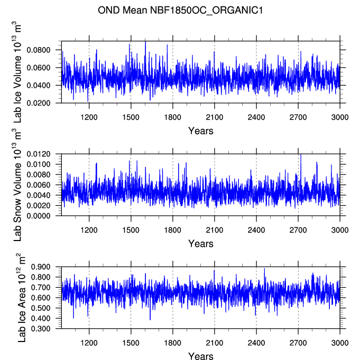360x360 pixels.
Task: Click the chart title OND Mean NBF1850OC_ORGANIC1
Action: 179,10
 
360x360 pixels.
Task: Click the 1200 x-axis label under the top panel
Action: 89,117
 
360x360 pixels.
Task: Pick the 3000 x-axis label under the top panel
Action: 339,117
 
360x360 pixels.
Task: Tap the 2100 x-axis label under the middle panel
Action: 214,230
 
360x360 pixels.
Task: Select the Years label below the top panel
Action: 201,131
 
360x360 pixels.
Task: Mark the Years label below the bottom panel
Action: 201,356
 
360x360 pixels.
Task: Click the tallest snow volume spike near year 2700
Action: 300,155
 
